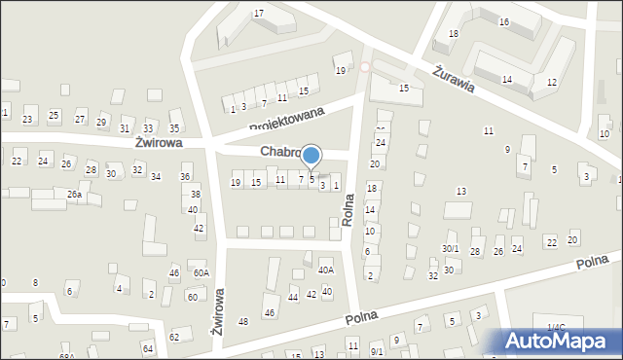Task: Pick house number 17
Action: [x=258, y=13]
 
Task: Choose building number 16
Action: [x=504, y=21]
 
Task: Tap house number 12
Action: [x=552, y=83]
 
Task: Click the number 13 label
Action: [x=461, y=192]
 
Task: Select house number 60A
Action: [x=201, y=273]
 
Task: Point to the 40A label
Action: [x=326, y=270]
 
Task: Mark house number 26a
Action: [x=74, y=195]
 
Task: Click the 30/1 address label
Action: [x=450, y=249]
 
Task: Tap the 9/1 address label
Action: [x=378, y=350]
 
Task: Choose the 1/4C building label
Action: [x=555, y=328]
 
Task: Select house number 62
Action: [x=174, y=337]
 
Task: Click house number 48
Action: [x=243, y=321]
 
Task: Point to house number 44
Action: [x=293, y=297]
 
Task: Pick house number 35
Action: [x=174, y=128]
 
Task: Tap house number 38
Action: [x=196, y=194]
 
